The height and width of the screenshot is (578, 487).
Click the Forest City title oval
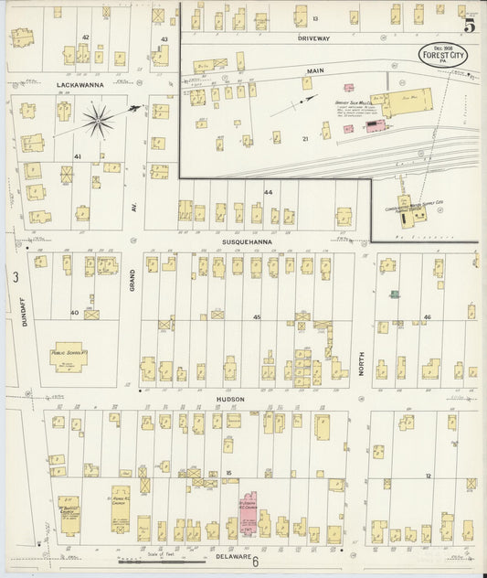[443, 56]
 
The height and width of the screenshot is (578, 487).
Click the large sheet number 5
[469, 27]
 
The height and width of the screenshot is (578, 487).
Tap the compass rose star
[99, 118]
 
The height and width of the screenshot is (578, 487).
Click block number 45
[258, 317]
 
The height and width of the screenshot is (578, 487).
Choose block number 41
[78, 156]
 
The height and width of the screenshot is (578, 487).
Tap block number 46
[426, 317]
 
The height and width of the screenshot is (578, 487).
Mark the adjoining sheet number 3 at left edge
[15, 276]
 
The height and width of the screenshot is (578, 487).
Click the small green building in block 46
[394, 294]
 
